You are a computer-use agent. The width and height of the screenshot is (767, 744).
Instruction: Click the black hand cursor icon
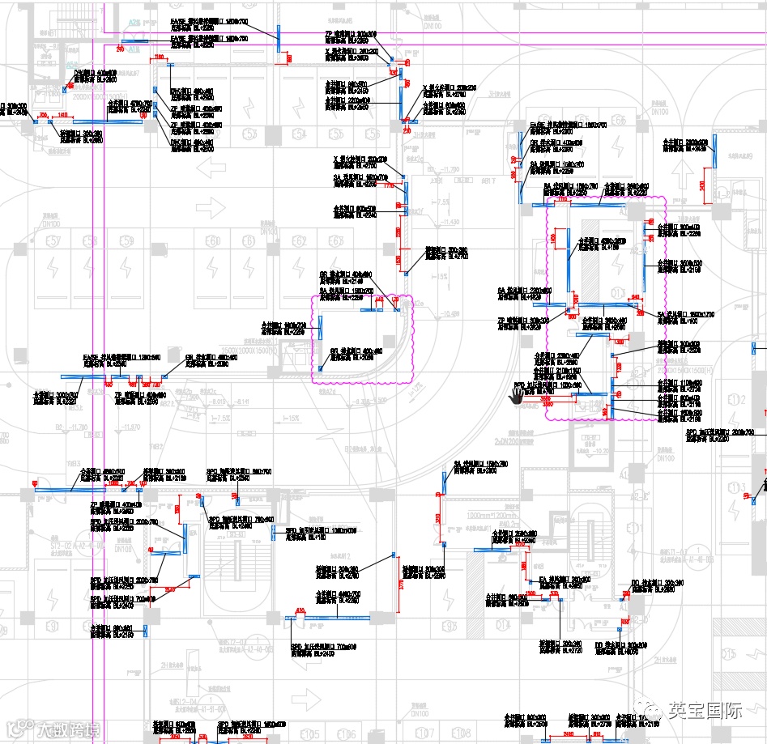pos(516,395)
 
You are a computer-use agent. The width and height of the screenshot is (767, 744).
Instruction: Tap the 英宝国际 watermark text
pos(705,711)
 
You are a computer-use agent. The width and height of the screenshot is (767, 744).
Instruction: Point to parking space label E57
pos(55,242)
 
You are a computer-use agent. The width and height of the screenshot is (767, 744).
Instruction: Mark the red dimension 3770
pos(400,585)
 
